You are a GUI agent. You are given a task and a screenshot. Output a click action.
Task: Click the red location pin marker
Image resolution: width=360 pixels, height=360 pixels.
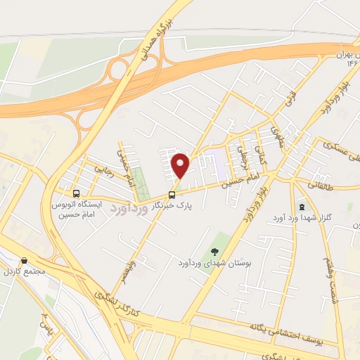click(x=181, y=165)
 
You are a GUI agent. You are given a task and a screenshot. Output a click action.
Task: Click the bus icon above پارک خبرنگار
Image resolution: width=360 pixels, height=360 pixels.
click(x=172, y=195)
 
